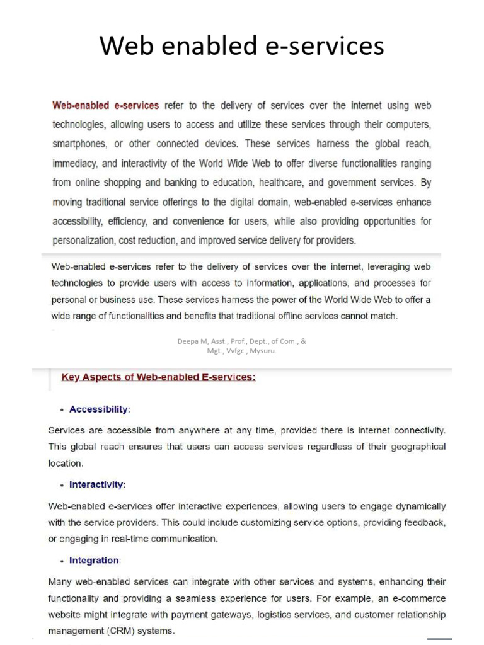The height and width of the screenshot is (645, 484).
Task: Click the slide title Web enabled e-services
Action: click(x=242, y=46)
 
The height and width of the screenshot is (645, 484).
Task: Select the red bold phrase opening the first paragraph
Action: click(x=105, y=106)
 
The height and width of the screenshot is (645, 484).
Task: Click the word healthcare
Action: click(x=296, y=183)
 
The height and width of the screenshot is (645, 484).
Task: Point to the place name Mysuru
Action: click(x=263, y=351)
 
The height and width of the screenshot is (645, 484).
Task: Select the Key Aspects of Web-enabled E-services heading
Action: click(x=158, y=378)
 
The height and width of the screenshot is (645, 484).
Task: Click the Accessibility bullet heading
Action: click(x=99, y=409)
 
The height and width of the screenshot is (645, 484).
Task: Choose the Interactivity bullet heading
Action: click(x=97, y=485)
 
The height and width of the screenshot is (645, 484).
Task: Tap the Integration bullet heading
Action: click(x=95, y=560)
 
